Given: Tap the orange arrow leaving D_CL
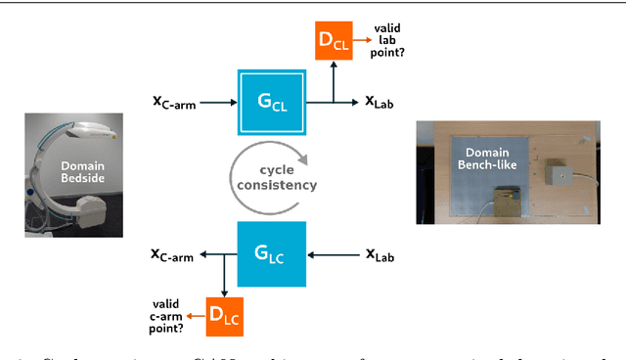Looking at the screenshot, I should pyautogui.click(x=363, y=42).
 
